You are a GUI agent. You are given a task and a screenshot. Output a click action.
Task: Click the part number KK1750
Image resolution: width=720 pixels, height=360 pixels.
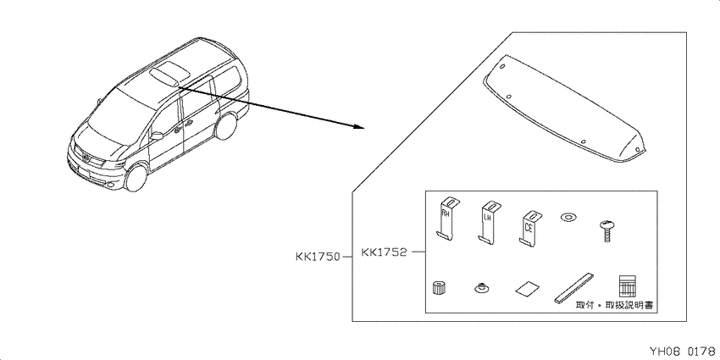point(318,257)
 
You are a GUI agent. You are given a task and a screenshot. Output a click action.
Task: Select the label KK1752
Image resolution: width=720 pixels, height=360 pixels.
point(385,252)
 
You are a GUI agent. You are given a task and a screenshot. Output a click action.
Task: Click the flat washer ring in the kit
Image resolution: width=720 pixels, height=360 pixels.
point(568,216)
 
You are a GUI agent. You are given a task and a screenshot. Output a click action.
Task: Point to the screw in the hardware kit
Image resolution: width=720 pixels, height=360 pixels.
point(606,231)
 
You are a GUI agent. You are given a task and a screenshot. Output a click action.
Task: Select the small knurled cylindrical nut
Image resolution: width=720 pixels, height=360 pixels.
point(440,288)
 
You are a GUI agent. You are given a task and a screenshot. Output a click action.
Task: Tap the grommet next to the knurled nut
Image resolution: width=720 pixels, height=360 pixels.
point(481,289)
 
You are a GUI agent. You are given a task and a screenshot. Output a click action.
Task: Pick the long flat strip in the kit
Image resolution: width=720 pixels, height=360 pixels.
point(574,288)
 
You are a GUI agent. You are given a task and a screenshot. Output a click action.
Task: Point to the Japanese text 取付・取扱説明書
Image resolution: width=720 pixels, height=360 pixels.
point(614,305)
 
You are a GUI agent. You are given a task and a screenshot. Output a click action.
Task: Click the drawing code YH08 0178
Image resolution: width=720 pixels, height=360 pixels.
point(683,352)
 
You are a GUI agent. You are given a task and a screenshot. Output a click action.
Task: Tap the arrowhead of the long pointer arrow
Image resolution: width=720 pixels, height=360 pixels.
point(359,126)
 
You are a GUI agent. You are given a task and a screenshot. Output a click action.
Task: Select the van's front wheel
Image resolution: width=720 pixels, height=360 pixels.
point(136,177)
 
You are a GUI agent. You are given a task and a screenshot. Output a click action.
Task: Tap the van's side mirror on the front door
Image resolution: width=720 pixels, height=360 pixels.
point(157,136)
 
